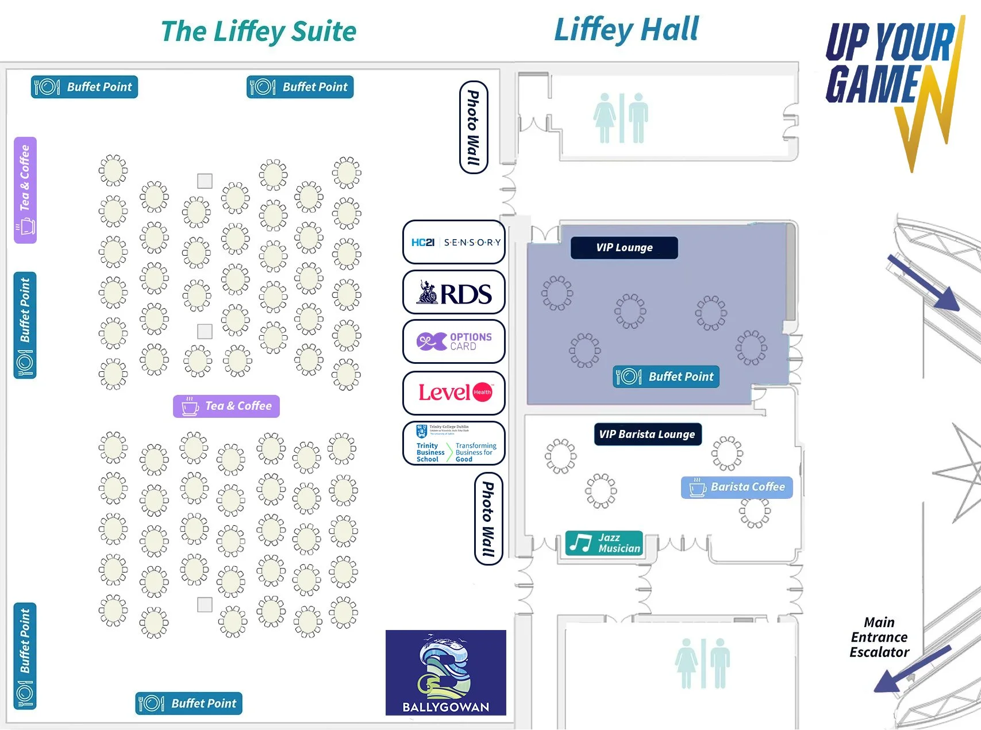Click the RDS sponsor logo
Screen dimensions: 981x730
pyautogui.click(x=454, y=293)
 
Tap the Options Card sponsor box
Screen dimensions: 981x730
pyautogui.click(x=454, y=342)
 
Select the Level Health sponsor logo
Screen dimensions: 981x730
pyautogui.click(x=454, y=393)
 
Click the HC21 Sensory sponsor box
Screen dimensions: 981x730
pyautogui.click(x=454, y=243)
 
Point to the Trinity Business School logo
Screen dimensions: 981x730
pyautogui.click(x=454, y=444)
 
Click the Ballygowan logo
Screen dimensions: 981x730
pyautogui.click(x=446, y=673)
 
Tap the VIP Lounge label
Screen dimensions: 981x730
pyautogui.click(x=624, y=248)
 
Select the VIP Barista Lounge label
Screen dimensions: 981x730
pyautogui.click(x=647, y=435)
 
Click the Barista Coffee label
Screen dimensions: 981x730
pyautogui.click(x=737, y=487)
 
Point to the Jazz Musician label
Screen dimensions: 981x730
pyautogui.click(x=604, y=543)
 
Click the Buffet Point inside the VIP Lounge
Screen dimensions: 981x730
pyautogui.click(x=666, y=377)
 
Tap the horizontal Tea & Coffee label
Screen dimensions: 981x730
pyautogui.click(x=226, y=406)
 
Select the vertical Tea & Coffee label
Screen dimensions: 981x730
pyautogui.click(x=25, y=190)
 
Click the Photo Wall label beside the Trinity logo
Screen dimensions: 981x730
pyautogui.click(x=488, y=518)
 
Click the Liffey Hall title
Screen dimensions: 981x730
pyautogui.click(x=626, y=30)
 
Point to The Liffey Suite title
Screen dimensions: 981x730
pyautogui.click(x=259, y=32)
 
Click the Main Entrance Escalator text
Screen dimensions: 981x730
pyautogui.click(x=879, y=637)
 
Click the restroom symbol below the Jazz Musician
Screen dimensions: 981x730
pyautogui.click(x=702, y=663)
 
